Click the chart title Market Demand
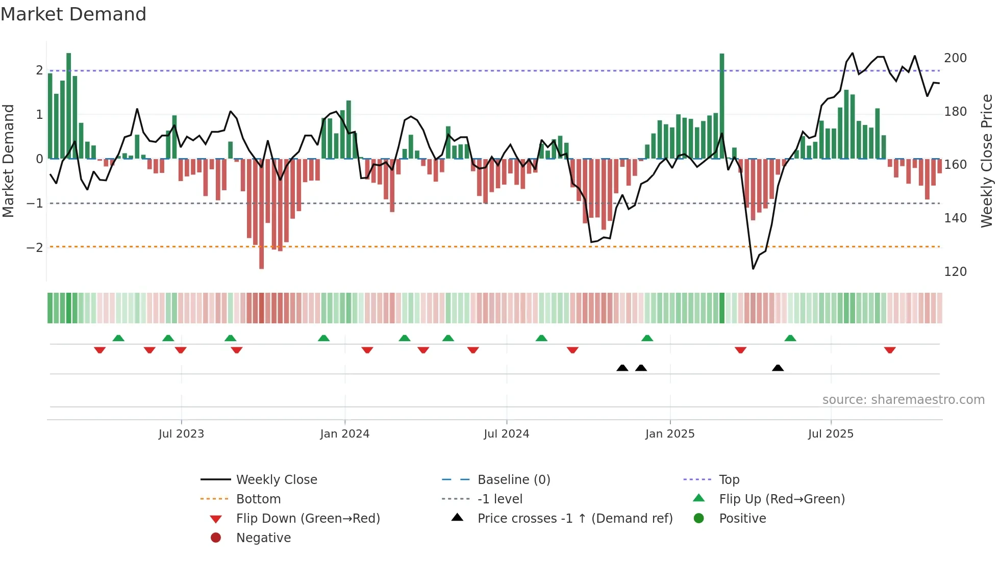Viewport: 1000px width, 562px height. (x=73, y=14)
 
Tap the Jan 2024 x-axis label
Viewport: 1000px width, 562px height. (x=344, y=434)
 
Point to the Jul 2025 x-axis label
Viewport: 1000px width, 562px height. (x=830, y=434)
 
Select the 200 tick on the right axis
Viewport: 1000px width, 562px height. (x=955, y=58)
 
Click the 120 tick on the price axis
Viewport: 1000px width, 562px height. (x=955, y=272)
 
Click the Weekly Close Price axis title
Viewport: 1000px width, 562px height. (x=987, y=161)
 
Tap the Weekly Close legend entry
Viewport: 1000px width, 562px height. (x=276, y=480)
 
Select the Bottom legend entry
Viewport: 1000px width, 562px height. (x=258, y=499)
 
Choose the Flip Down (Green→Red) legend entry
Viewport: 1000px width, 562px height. (x=308, y=519)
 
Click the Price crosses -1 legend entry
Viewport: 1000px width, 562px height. (x=574, y=519)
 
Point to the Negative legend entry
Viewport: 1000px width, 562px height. (x=263, y=538)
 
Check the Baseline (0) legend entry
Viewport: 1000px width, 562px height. (x=513, y=480)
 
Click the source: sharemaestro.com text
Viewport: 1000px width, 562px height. (x=903, y=400)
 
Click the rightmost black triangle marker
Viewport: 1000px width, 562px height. (x=778, y=368)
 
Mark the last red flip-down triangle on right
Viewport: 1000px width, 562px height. (x=890, y=350)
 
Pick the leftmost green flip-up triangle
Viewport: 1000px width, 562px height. (x=118, y=338)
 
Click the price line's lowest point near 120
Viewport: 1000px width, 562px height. (x=753, y=268)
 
